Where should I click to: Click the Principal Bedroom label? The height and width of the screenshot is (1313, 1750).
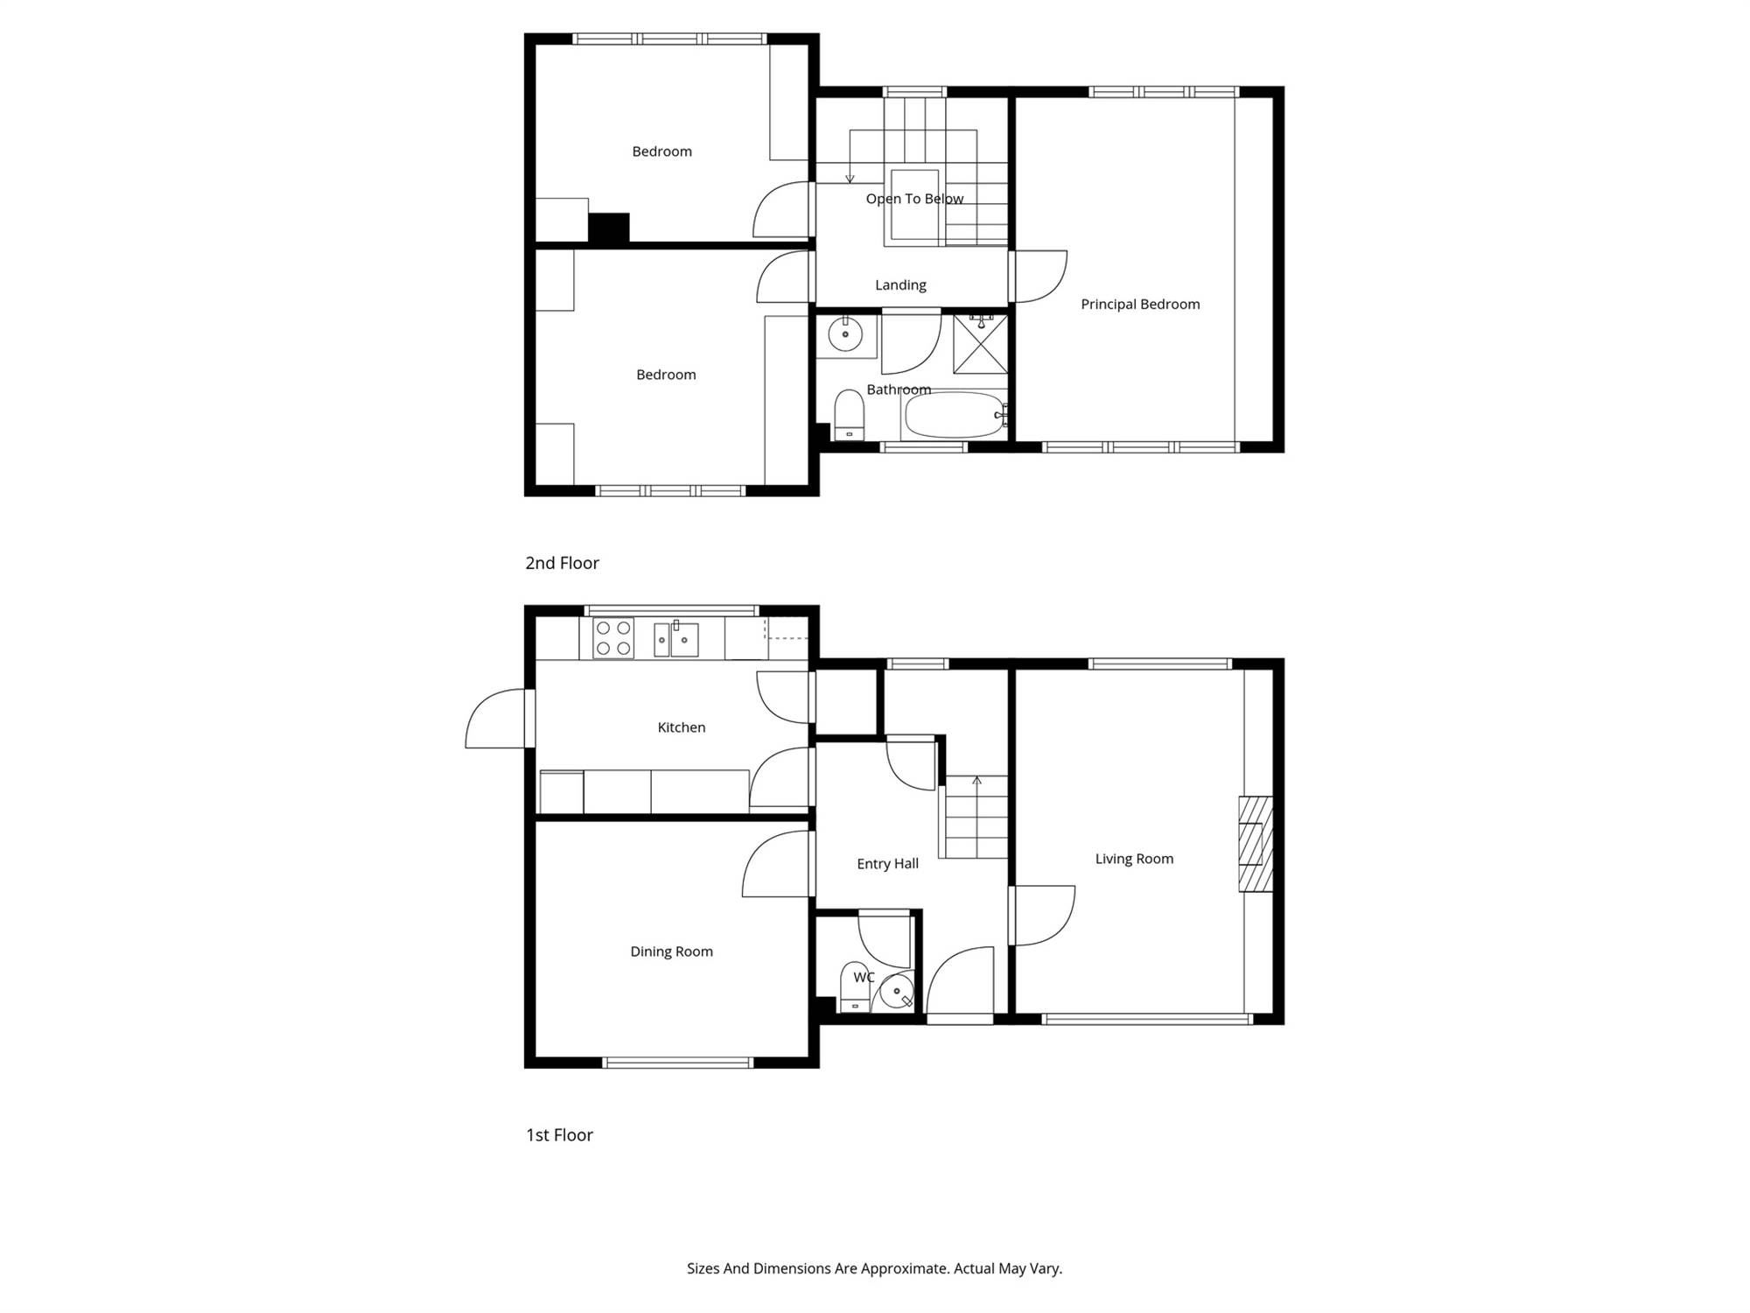1140,305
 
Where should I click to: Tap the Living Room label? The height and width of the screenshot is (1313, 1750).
1134,859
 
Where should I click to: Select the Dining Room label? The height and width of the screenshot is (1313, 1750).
671,951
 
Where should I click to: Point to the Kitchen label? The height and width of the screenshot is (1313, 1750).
681,727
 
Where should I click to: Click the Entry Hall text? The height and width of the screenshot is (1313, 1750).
887,864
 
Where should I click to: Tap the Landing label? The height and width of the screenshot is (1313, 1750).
900,285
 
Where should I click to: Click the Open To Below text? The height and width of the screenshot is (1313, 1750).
914,199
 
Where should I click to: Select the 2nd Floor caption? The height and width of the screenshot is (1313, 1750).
562,563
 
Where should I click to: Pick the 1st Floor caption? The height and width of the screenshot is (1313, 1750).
559,1134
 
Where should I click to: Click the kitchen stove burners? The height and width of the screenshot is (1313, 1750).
613,638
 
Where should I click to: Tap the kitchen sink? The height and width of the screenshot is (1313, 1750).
676,639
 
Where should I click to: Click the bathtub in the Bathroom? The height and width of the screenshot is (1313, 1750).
954,415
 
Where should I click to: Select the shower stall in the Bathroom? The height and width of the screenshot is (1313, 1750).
980,343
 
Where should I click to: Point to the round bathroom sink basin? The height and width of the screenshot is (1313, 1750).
845,334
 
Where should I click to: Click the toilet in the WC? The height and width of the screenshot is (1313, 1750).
854,987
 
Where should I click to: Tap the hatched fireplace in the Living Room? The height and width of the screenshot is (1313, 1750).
1255,844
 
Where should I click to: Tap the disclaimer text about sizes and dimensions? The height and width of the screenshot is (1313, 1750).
874,1268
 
